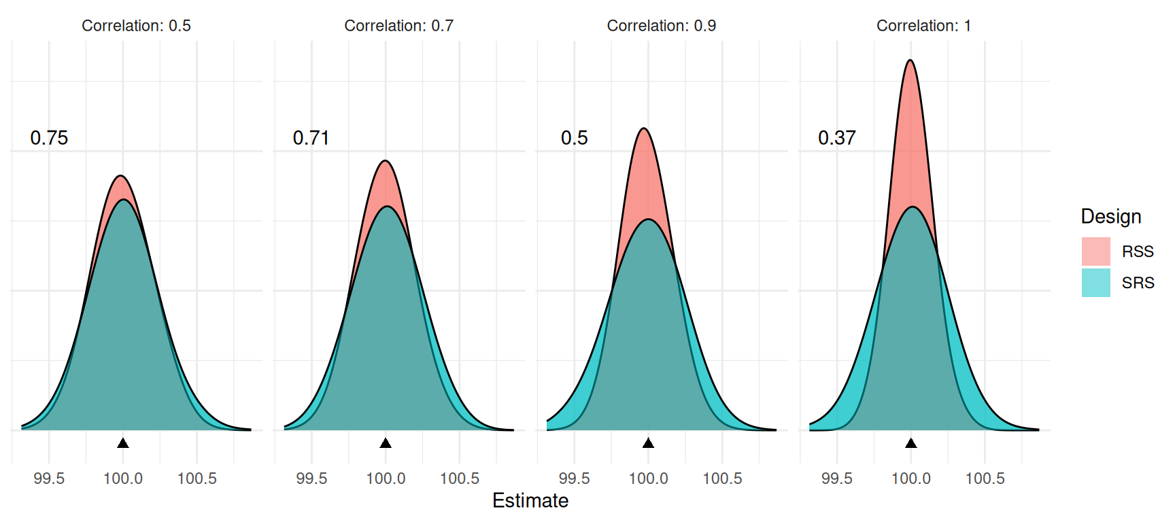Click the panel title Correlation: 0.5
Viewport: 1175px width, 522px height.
136,26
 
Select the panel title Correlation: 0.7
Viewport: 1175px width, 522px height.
398,26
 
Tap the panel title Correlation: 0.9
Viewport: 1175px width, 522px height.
661,26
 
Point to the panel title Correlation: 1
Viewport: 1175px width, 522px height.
923,26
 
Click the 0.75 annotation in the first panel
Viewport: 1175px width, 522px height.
49,138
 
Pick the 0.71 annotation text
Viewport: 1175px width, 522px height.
311,138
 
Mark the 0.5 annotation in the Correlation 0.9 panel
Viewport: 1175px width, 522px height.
574,138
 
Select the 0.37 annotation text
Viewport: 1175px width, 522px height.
836,138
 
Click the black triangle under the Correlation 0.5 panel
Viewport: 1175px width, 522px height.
123,443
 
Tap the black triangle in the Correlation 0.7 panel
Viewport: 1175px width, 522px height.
386,443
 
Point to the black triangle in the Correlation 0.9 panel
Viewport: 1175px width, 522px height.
648,443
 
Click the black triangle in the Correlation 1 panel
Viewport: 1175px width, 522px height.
911,443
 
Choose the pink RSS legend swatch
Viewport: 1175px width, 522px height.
1095,251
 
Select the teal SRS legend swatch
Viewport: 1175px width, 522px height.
1095,283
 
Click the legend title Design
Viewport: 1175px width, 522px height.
1111,217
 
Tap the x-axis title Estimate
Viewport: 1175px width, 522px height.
530,501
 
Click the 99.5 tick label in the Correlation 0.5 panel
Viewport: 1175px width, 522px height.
49,478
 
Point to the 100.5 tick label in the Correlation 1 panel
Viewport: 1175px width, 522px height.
985,478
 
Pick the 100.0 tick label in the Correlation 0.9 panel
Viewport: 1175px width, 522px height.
648,478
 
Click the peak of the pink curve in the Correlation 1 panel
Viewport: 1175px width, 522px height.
910,61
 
